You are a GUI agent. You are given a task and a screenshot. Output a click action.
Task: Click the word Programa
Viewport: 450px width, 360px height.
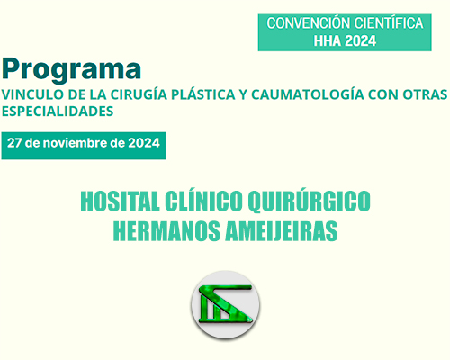click(x=71, y=69)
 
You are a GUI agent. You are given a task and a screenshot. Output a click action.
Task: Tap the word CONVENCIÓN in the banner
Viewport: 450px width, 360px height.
click(x=308, y=23)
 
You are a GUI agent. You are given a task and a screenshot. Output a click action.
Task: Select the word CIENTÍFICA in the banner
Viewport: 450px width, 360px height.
click(x=389, y=23)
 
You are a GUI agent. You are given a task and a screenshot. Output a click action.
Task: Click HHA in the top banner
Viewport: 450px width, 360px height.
click(x=328, y=40)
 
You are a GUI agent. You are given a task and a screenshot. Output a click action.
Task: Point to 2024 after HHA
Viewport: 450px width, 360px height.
click(x=360, y=40)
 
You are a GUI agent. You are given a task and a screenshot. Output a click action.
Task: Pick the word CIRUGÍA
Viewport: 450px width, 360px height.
click(x=139, y=94)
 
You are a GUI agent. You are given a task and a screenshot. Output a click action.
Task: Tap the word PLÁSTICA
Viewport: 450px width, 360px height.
click(x=203, y=94)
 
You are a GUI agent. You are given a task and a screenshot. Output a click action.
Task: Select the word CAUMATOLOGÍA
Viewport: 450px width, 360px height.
click(x=308, y=94)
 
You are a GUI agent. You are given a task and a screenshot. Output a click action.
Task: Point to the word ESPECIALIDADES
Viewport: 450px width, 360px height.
click(x=58, y=112)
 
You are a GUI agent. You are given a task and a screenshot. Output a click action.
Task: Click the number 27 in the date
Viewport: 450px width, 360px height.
click(x=14, y=143)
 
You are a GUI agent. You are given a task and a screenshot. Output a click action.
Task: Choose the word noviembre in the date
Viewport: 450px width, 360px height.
click(x=75, y=143)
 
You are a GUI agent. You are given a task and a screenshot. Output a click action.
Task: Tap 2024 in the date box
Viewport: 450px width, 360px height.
click(x=144, y=143)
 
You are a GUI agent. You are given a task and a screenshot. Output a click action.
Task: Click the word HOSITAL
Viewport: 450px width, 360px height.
click(x=120, y=202)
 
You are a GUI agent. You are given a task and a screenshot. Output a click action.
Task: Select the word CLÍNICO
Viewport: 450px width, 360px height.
click(x=203, y=201)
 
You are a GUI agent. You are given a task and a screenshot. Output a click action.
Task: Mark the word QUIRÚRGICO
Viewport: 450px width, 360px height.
click(x=309, y=201)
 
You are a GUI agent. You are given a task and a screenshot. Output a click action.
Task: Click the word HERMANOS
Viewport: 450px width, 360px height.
click(x=166, y=231)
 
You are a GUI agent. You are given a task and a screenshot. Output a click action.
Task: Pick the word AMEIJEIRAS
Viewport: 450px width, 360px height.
click(x=282, y=231)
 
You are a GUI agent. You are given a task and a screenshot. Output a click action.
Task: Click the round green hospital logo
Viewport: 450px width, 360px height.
click(x=225, y=305)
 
